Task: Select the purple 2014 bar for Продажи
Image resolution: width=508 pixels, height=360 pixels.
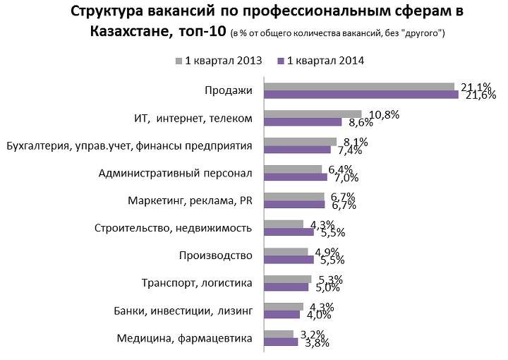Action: [x=361, y=95]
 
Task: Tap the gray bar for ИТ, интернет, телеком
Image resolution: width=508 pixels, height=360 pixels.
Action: [x=313, y=114]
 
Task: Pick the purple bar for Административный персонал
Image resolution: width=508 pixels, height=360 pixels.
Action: [x=296, y=177]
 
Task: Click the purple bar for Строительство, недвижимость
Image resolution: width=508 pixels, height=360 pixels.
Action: [x=289, y=232]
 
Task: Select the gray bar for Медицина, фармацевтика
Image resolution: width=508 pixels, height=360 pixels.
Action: [x=279, y=334]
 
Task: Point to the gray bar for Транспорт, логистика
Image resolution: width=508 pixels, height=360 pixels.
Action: [x=288, y=279]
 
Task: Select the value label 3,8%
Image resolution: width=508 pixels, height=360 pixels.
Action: [x=315, y=343]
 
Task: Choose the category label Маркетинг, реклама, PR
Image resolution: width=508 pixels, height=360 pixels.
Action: [x=190, y=200]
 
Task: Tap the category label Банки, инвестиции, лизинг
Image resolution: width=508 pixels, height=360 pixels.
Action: [x=183, y=311]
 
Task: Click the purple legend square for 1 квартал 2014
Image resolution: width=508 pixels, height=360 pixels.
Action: [x=282, y=61]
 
